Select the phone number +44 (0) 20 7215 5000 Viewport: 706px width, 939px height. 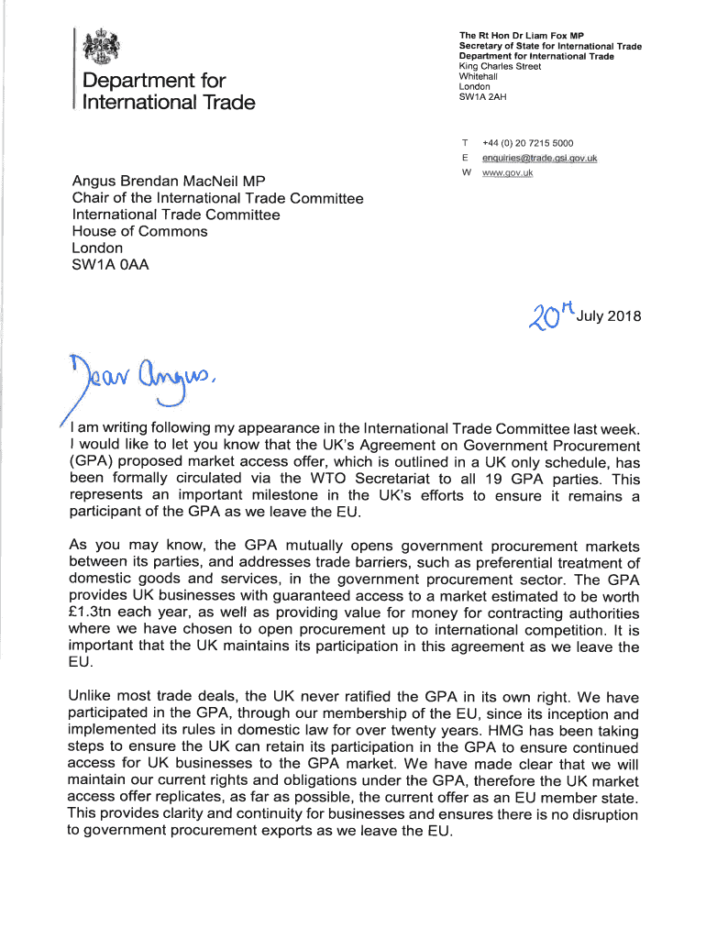(x=528, y=143)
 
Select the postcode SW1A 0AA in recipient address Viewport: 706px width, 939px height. (x=111, y=265)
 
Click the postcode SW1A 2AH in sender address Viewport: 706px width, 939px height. (x=484, y=96)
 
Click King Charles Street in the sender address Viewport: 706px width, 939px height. (x=500, y=66)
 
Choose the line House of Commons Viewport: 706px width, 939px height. (x=139, y=231)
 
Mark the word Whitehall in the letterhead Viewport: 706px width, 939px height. (x=479, y=76)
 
